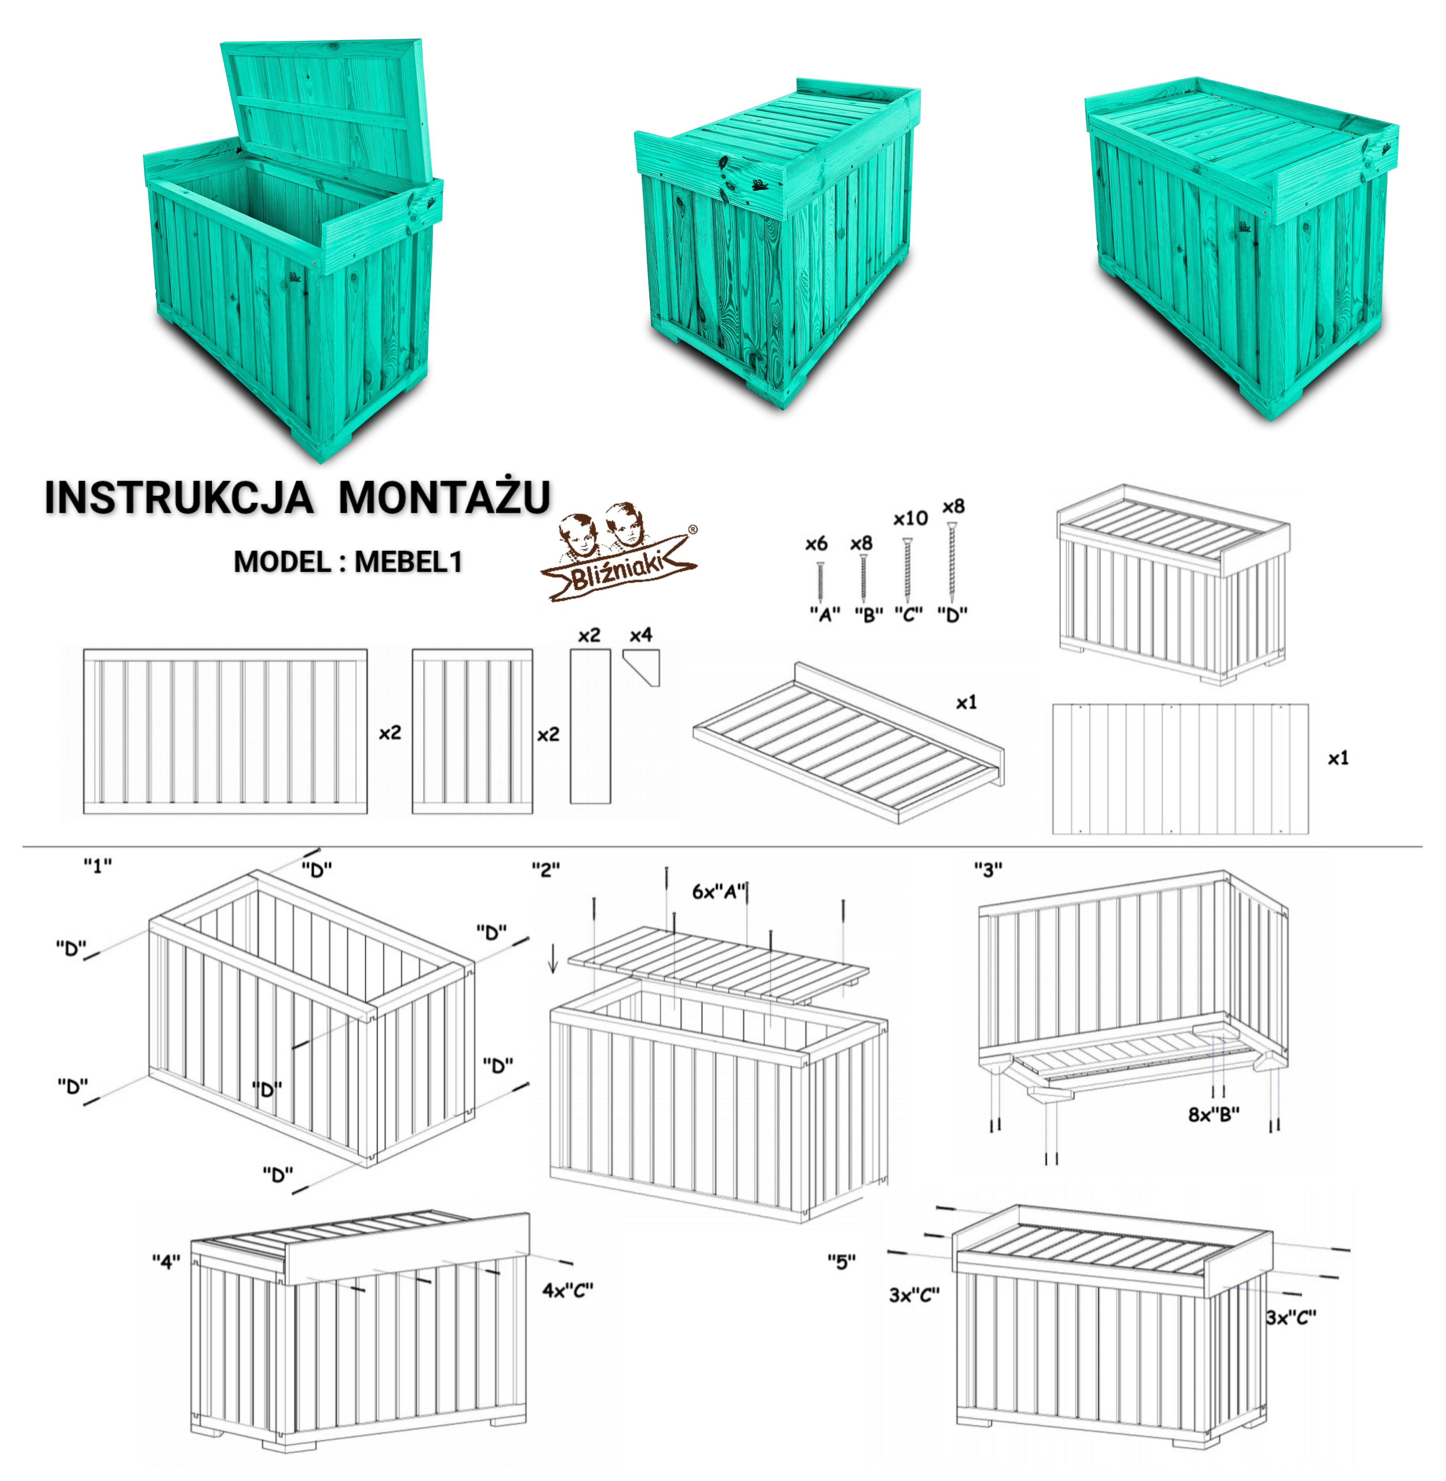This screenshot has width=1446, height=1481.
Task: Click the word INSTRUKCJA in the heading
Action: pyautogui.click(x=179, y=498)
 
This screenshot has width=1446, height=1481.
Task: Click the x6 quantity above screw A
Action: pyautogui.click(x=817, y=544)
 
